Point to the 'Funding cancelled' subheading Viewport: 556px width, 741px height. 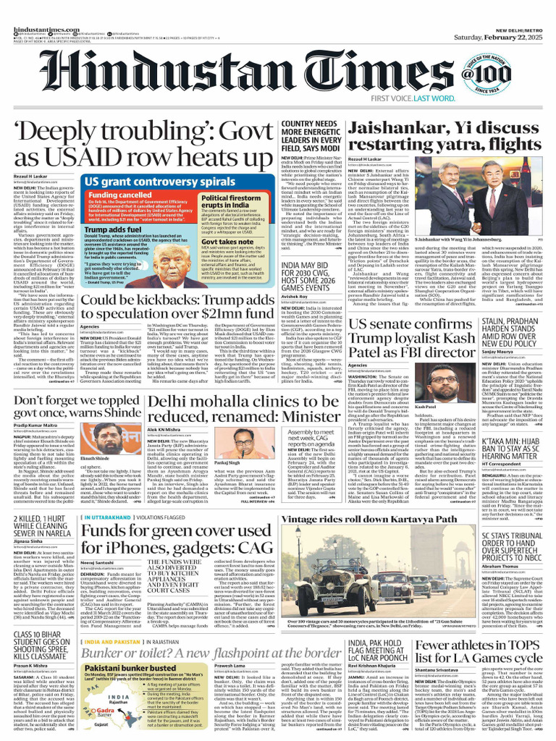(119, 195)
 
